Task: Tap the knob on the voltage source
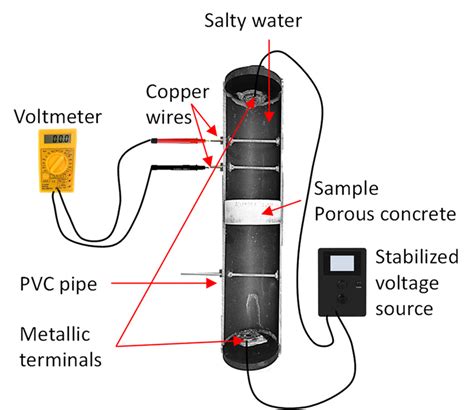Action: (x=343, y=297)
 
